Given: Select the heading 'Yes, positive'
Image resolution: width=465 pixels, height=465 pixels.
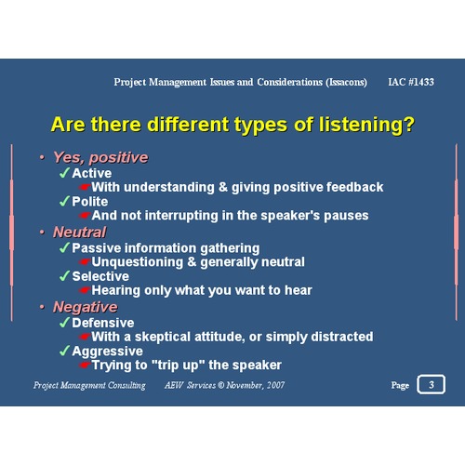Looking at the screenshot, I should pyautogui.click(x=100, y=157).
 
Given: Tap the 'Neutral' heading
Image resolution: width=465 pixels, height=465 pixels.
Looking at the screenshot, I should pyautogui.click(x=79, y=232).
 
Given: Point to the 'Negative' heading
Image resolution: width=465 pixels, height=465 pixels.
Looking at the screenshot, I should pyautogui.click(x=85, y=307).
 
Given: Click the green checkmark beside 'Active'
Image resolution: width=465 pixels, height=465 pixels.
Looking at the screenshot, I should pyautogui.click(x=64, y=173).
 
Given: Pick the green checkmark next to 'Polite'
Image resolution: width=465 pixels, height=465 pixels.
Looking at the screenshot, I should pyautogui.click(x=64, y=201).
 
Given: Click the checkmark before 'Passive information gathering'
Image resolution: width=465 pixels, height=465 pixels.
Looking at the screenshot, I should pyautogui.click(x=64, y=248).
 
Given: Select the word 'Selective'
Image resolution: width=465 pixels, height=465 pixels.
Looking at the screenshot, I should pyautogui.click(x=100, y=276).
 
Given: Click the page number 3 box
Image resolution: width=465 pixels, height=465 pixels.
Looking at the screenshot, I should pyautogui.click(x=431, y=384).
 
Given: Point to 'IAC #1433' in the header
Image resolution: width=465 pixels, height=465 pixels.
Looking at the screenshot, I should pyautogui.click(x=410, y=82).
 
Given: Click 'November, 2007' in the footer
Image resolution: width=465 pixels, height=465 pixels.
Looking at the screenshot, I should pyautogui.click(x=256, y=385).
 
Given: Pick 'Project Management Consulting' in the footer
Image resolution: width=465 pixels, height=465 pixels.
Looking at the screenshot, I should pyautogui.click(x=89, y=385).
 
